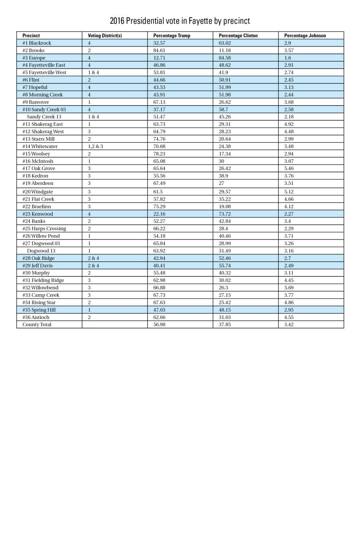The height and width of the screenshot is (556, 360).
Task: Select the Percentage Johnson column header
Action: coord(305,36)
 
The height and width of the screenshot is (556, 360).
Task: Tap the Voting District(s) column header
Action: coord(105,36)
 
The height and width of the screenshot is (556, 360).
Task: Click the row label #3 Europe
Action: coord(34,58)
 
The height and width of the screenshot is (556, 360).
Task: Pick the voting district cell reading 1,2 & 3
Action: coord(95,147)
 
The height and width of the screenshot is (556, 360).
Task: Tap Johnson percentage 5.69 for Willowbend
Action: coord(290,288)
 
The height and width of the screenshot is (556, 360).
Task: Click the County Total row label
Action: coord(37,325)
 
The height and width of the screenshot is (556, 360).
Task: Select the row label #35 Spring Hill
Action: coord(39,310)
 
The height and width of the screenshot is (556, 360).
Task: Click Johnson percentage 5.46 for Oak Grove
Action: coord(290,169)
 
